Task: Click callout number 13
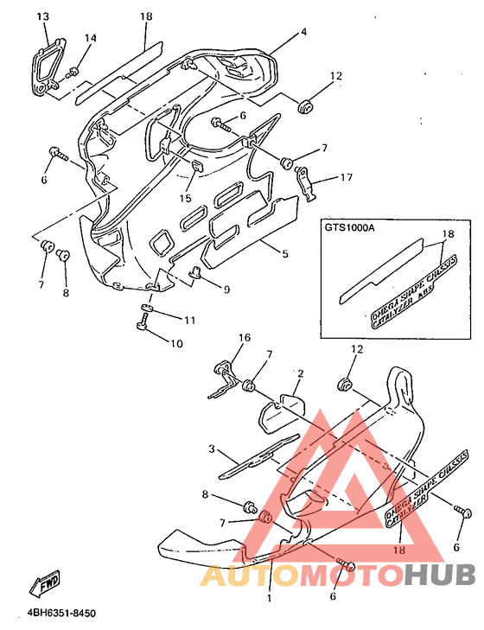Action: (x=43, y=16)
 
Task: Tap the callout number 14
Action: (x=91, y=38)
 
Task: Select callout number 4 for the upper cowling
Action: (x=303, y=32)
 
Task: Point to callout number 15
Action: (x=186, y=199)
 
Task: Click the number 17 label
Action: (x=346, y=178)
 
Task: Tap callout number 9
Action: (x=226, y=290)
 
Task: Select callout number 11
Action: (x=189, y=320)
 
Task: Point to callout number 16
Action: (x=244, y=338)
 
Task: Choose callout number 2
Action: (x=300, y=373)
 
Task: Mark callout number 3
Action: (x=210, y=449)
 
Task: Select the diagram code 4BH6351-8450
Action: (x=60, y=614)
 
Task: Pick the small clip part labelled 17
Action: (x=304, y=180)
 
